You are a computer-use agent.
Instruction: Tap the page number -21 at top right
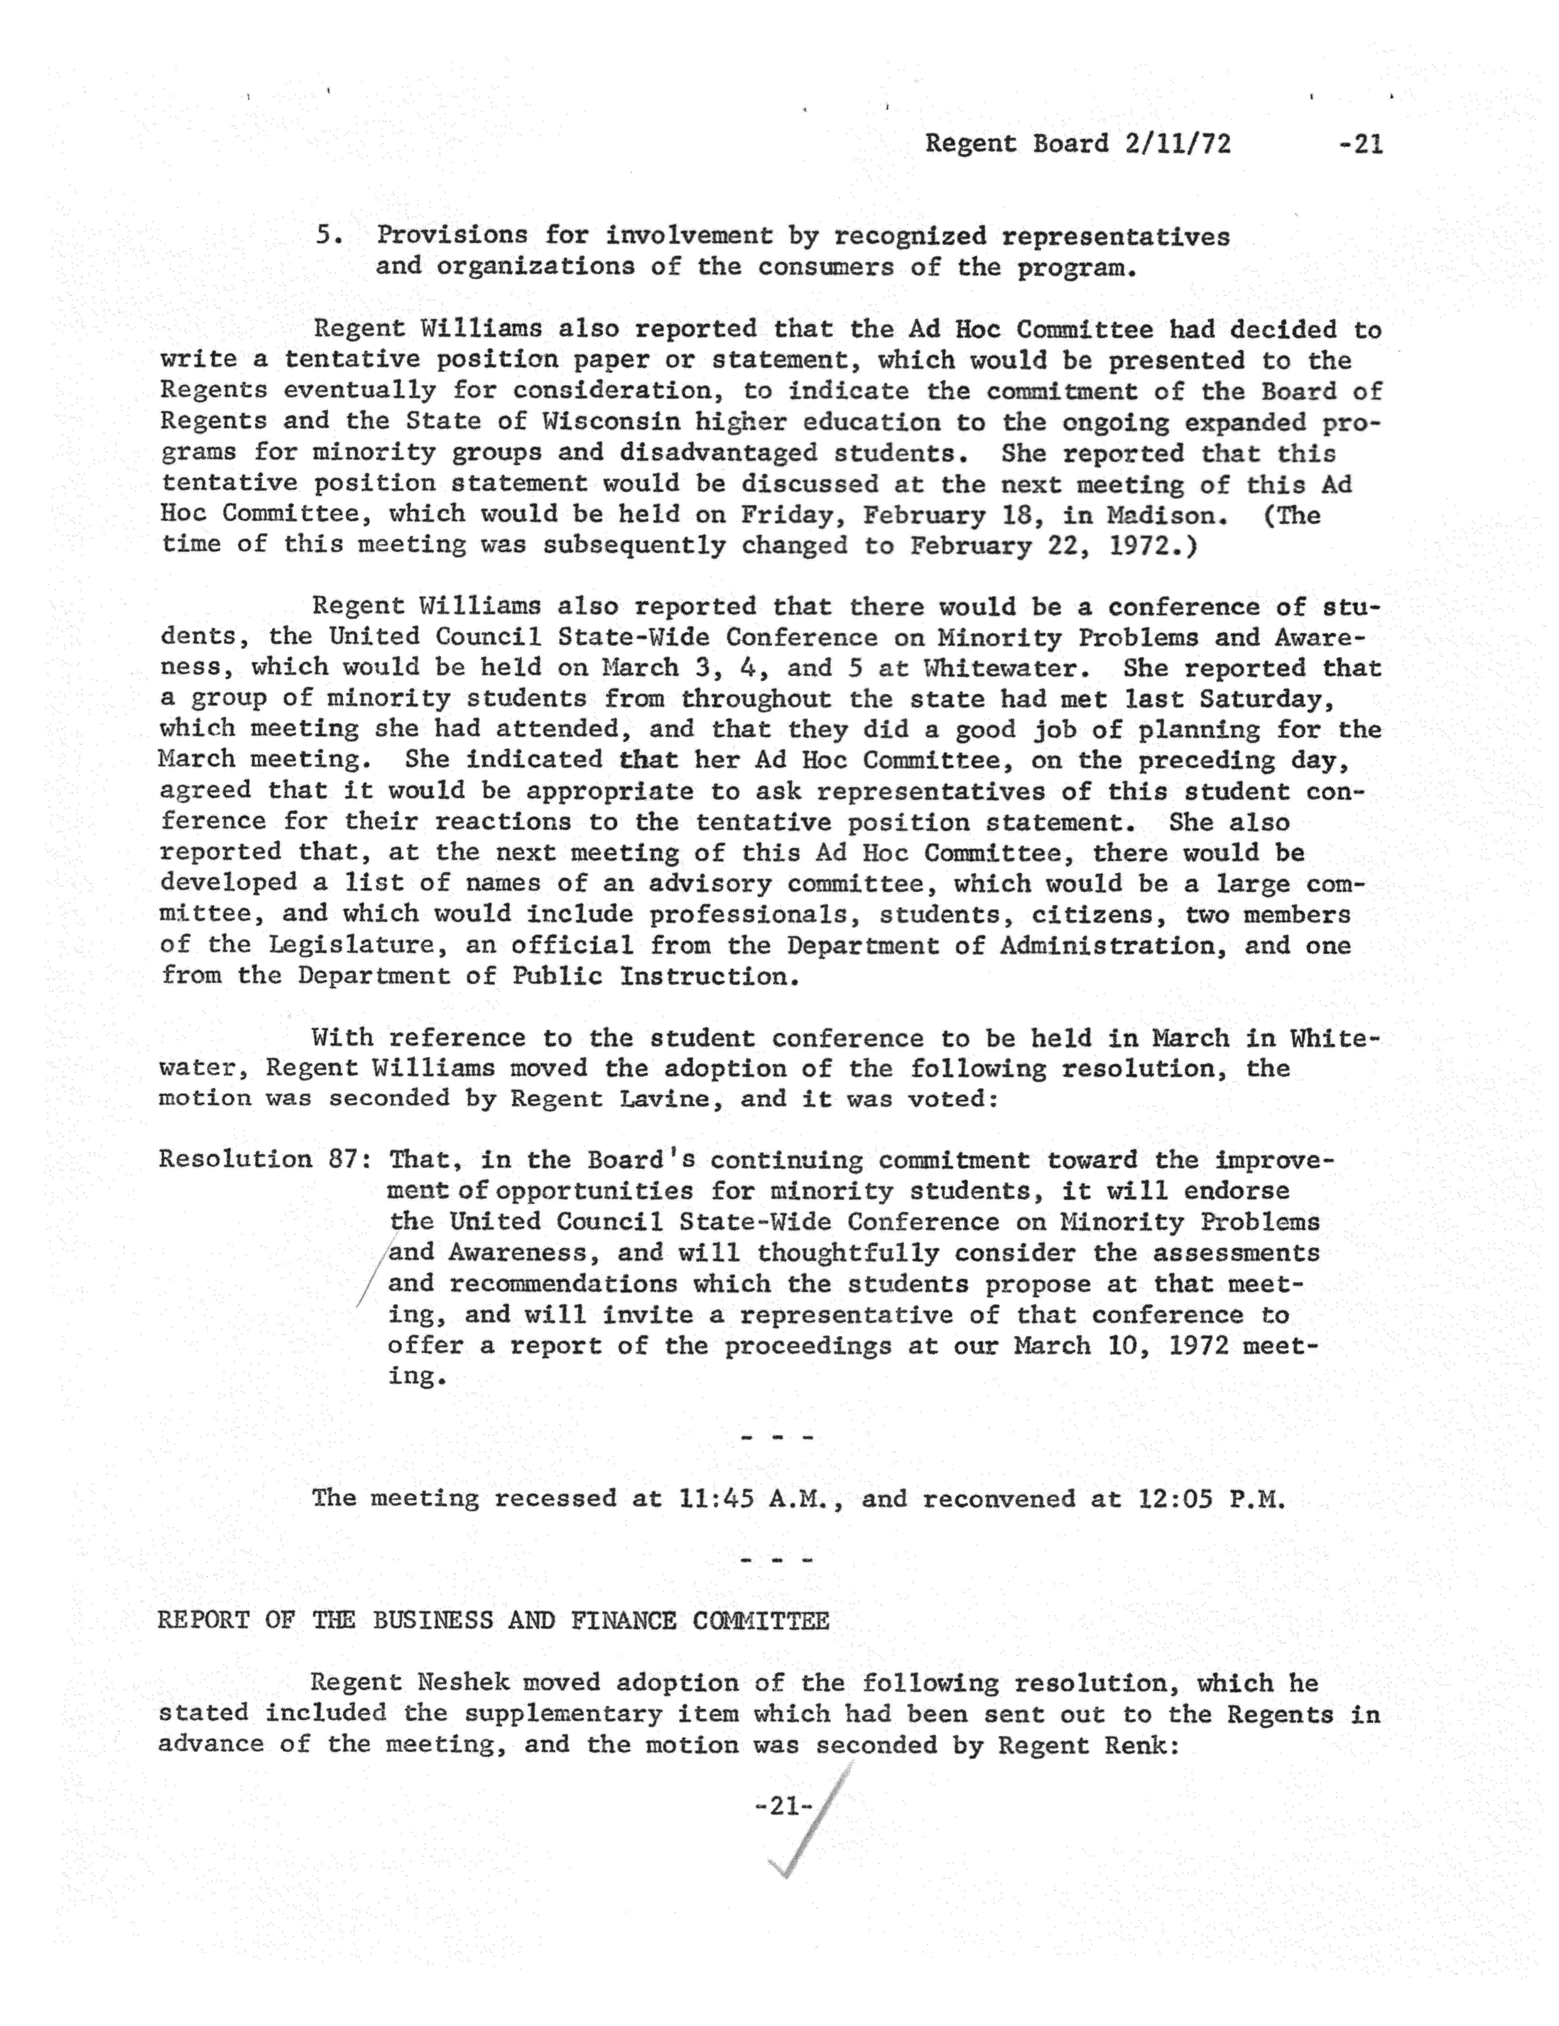coord(1360,144)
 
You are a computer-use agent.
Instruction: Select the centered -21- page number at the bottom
coord(784,1805)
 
